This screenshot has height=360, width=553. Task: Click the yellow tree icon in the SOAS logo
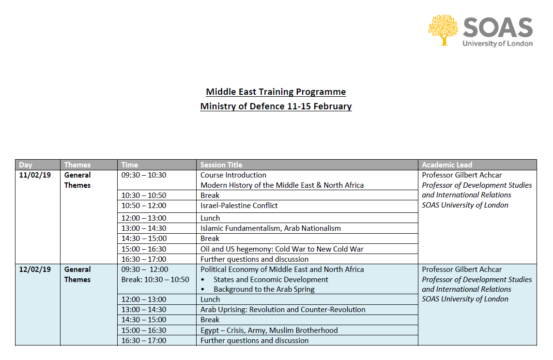pyautogui.click(x=443, y=30)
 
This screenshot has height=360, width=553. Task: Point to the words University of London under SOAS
pyautogui.click(x=497, y=44)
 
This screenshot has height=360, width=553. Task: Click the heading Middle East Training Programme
pyautogui.click(x=276, y=92)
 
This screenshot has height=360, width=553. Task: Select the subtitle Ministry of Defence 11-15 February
pyautogui.click(x=276, y=106)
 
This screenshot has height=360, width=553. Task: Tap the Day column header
pyautogui.click(x=26, y=165)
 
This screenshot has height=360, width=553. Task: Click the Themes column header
pyautogui.click(x=77, y=165)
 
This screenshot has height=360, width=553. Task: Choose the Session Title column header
pyautogui.click(x=221, y=165)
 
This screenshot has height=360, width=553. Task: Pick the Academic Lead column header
pyautogui.click(x=446, y=165)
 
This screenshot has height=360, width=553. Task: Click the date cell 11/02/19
pyautogui.click(x=35, y=175)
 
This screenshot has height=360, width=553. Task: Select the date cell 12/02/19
pyautogui.click(x=35, y=270)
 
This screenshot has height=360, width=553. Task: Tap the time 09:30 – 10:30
pyautogui.click(x=144, y=175)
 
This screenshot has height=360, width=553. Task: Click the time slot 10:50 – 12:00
pyautogui.click(x=144, y=206)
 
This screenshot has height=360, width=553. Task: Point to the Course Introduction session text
pyautogui.click(x=233, y=175)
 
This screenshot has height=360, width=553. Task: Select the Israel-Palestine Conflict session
pyautogui.click(x=239, y=206)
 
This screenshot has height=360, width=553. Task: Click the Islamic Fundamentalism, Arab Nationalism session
pyautogui.click(x=271, y=228)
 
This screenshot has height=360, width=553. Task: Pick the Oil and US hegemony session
pyautogui.click(x=282, y=249)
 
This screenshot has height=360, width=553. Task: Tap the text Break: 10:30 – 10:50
pyautogui.click(x=155, y=280)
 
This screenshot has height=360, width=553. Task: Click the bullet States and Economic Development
pyautogui.click(x=271, y=280)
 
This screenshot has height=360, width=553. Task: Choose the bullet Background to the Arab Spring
pyautogui.click(x=264, y=289)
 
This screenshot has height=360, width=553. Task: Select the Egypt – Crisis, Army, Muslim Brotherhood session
pyautogui.click(x=269, y=330)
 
